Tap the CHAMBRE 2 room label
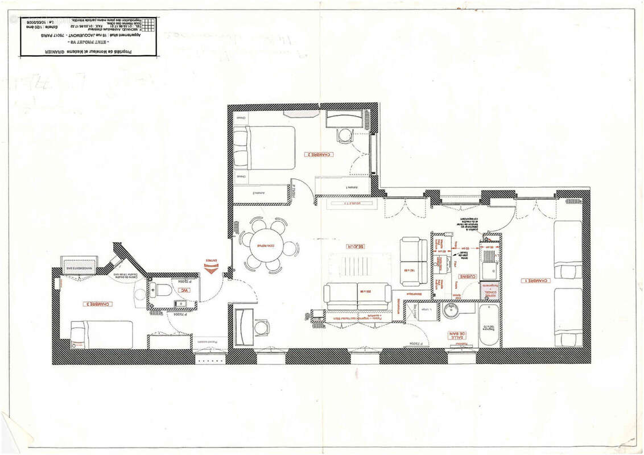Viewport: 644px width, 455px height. click(319, 154)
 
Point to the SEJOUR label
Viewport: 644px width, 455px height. click(354, 246)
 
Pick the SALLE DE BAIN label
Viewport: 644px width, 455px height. click(456, 336)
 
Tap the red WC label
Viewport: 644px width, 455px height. click(183, 291)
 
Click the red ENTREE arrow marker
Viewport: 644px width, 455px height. click(211, 266)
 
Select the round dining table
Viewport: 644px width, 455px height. click(267, 246)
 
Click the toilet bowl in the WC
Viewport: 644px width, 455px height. click(162, 290)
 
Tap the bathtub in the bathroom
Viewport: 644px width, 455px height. click(489, 325)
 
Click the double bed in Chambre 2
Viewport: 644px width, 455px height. click(265, 147)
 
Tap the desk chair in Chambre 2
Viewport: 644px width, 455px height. click(345, 136)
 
